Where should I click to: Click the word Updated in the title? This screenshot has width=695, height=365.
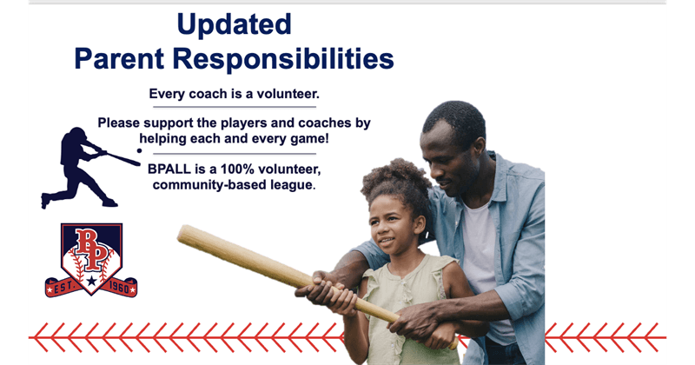coord(234,23)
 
